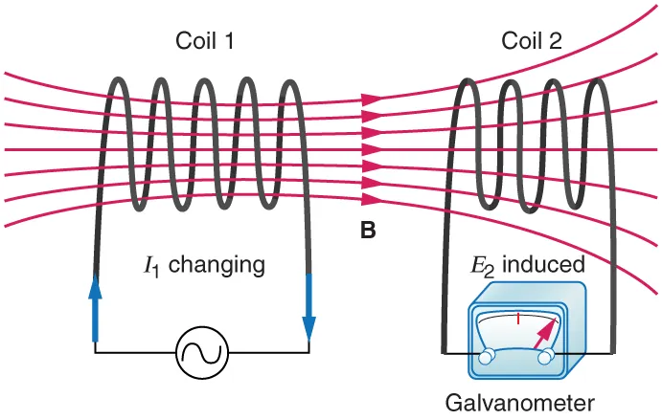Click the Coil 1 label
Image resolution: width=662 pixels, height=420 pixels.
coord(204,41)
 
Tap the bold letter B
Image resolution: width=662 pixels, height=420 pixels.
coord(368,231)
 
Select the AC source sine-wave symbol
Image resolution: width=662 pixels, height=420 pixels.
coord(202,353)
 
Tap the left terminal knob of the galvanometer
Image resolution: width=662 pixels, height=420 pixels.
coord(487,356)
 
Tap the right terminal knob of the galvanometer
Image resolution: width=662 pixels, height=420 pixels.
coord(548,356)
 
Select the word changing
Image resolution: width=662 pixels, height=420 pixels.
coord(219,263)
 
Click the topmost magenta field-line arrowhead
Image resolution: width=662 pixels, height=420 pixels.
coord(372,99)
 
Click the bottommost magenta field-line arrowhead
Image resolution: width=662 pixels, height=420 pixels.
coord(372,199)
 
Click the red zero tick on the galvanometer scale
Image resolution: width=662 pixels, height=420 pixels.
coord(517,318)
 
